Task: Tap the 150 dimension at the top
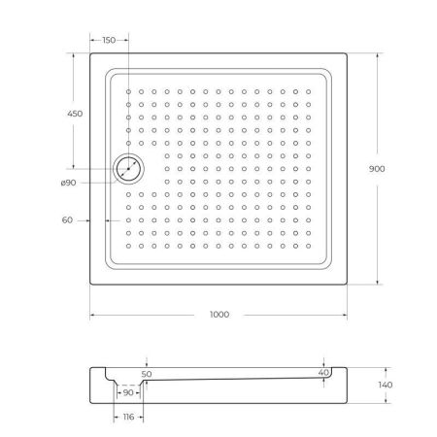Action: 108,40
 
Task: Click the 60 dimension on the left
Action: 68,220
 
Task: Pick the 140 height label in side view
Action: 386,386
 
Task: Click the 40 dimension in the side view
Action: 322,371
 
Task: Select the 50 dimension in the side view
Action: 147,372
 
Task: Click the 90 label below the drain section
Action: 129,392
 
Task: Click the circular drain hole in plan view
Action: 127,169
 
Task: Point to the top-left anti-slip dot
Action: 128,92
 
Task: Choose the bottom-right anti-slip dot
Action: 308,246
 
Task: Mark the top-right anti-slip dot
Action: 308,92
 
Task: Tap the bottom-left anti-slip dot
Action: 128,246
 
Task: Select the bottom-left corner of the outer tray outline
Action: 90,285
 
